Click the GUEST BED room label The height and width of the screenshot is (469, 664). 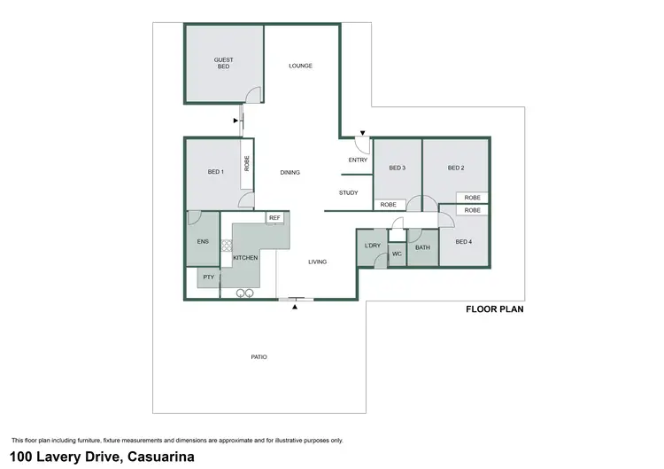click(224, 63)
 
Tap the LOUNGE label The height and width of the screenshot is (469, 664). click(301, 66)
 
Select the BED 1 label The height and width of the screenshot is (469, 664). click(215, 172)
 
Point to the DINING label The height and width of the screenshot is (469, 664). click(290, 172)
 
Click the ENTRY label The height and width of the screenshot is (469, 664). click(358, 160)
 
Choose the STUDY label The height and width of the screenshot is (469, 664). click(348, 192)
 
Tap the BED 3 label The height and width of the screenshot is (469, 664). click(397, 168)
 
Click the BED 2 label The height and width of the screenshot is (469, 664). click(456, 168)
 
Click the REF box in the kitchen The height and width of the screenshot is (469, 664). click(274, 217)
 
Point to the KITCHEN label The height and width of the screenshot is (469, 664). click(245, 257)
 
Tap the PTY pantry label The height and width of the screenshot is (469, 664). click(208, 277)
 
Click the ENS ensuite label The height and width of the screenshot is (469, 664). click(202, 240)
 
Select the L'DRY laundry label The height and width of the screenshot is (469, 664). click(372, 245)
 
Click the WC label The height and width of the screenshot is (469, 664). click(397, 255)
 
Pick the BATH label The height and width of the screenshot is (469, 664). click(422, 247)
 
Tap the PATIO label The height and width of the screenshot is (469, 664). click(259, 356)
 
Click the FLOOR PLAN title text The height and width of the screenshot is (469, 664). click(495, 310)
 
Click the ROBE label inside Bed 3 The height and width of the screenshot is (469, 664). click(388, 205)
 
